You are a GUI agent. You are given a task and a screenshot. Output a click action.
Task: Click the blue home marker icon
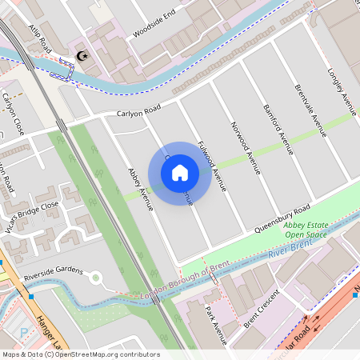pos(180,172)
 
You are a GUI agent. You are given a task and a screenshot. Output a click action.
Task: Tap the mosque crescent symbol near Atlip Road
pos(80,56)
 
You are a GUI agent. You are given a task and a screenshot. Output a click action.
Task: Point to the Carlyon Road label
pos(138,111)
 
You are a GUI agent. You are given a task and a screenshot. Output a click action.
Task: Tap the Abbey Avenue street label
pos(140,189)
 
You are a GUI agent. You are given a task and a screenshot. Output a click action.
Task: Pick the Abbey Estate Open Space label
pos(306,230)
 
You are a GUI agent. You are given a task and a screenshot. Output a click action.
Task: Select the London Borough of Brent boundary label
pos(180,284)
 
